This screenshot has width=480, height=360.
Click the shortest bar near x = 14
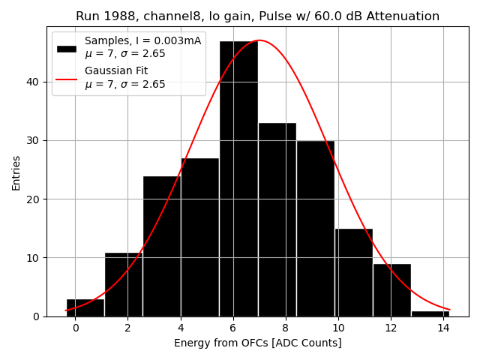[430, 313]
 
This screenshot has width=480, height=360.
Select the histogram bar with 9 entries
[391, 290]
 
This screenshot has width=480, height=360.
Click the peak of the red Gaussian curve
[259, 40]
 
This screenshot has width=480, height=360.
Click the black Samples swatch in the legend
[66, 48]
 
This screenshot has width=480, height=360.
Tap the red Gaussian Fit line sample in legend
[66, 78]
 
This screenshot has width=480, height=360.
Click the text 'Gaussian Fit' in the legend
[116, 71]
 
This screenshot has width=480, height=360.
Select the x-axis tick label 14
[442, 328]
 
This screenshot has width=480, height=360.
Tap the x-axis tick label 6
[232, 328]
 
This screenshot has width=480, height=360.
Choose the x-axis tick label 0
[75, 328]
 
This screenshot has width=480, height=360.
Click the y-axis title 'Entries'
[16, 173]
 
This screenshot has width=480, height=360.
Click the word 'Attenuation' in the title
[403, 16]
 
